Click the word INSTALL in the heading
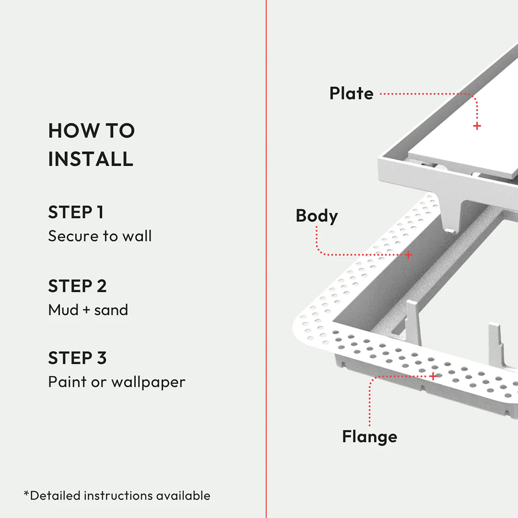pos(90,159)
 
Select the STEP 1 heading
pos(76,212)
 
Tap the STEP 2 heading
pos(77,286)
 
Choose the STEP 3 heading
pos(77,358)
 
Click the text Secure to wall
pos(100,236)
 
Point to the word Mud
pos(63,310)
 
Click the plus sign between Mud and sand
pos(87,310)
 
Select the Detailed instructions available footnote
pos(117,495)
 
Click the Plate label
pos(351,93)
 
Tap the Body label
pos(317,216)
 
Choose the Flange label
pos(370,437)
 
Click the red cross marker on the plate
pos(477,126)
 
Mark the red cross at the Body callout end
pos(408,255)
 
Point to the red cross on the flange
pos(433,376)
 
